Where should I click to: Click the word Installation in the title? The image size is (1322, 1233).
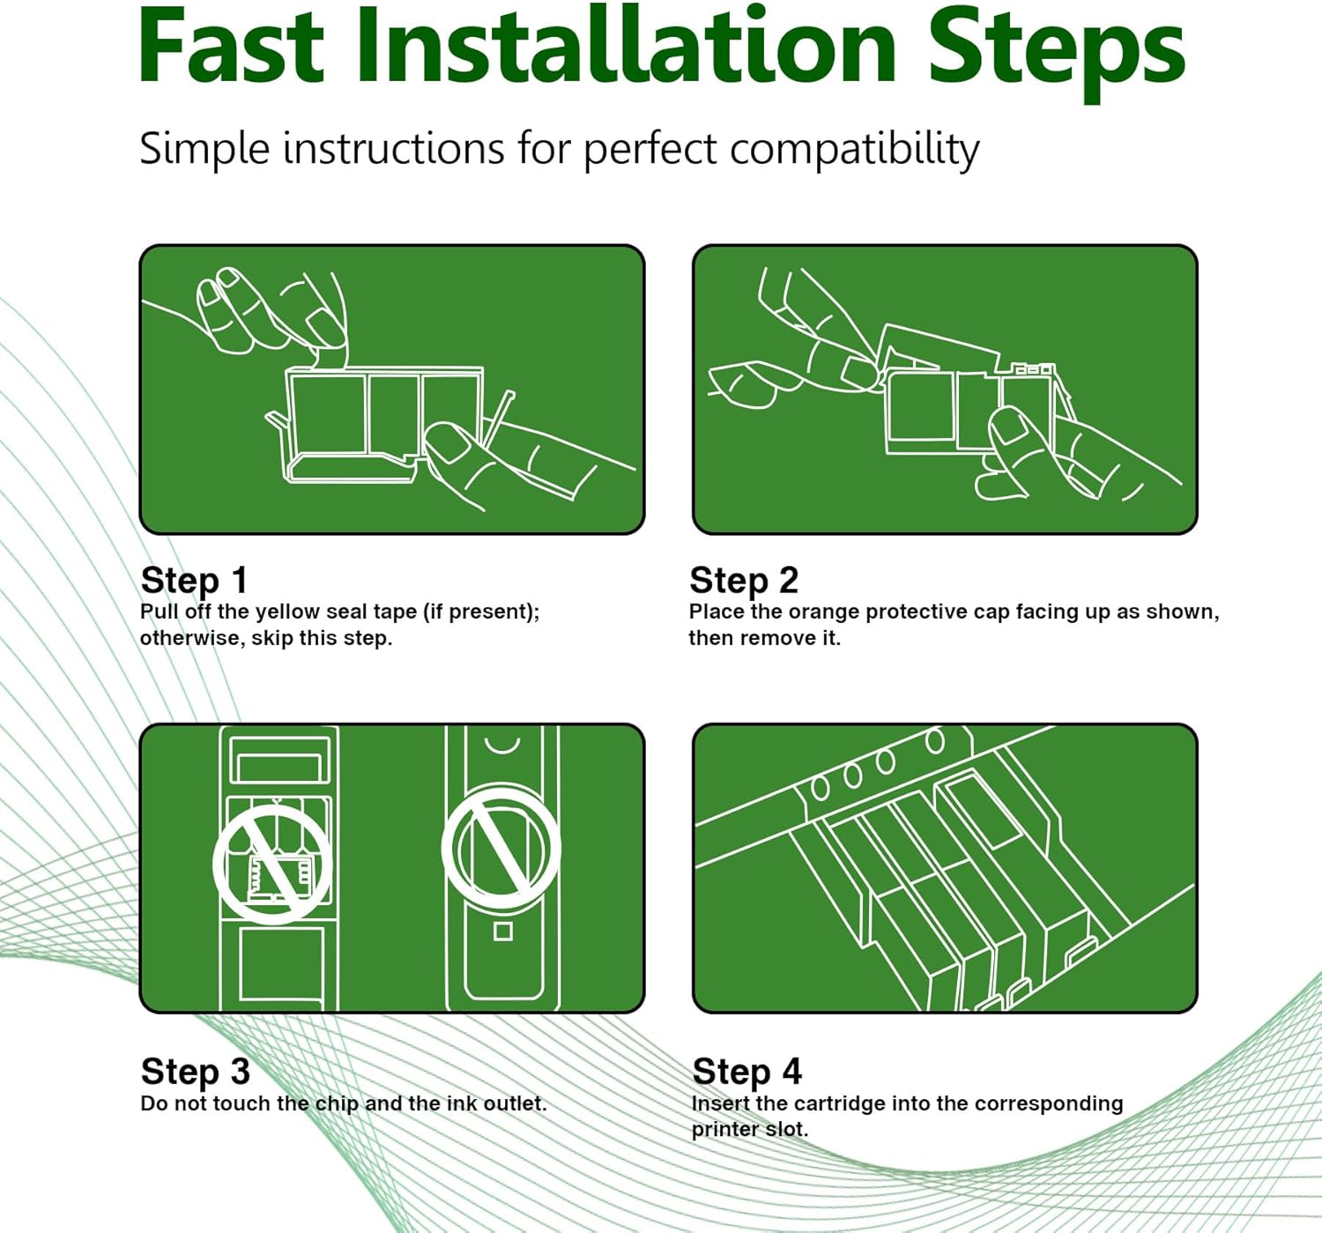click(x=627, y=47)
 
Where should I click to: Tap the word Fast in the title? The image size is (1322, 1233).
click(x=231, y=47)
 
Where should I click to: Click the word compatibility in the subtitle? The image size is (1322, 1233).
click(x=855, y=151)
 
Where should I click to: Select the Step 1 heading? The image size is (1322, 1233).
click(x=194, y=581)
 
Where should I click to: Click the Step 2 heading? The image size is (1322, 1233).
click(x=744, y=581)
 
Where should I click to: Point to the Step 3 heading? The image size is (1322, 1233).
click(x=195, y=1072)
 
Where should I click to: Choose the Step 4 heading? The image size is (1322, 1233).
click(x=746, y=1072)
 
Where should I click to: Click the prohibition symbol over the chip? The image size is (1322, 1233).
click(x=273, y=864)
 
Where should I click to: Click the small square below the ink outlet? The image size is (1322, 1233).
click(x=503, y=932)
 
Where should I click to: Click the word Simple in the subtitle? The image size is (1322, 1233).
click(x=204, y=149)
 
